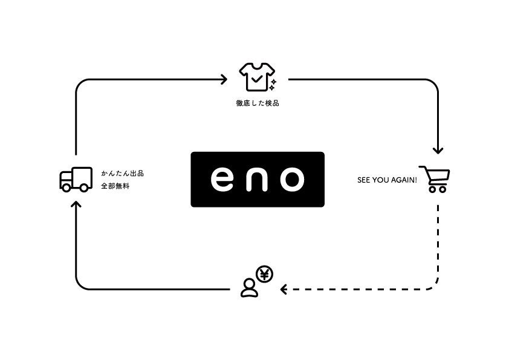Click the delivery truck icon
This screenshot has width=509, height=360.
pyautogui.click(x=76, y=180)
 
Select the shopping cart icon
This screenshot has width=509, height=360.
pyautogui.click(x=434, y=179)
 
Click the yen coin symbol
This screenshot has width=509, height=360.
pyautogui.click(x=264, y=275)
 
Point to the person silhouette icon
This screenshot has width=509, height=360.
pyautogui.click(x=249, y=287)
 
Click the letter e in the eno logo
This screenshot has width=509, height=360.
pyautogui.click(x=221, y=179)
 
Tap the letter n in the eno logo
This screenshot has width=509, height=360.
pyautogui.click(x=257, y=179)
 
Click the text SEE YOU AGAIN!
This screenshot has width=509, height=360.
pyautogui.click(x=387, y=180)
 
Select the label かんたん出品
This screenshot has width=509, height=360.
pyautogui.click(x=122, y=174)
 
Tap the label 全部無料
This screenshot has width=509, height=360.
pyautogui.click(x=115, y=186)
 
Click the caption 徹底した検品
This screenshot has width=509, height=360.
pyautogui.click(x=257, y=103)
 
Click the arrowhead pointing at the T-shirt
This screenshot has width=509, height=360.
pyautogui.click(x=224, y=79)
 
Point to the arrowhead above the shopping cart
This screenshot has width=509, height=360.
pyautogui.click(x=438, y=150)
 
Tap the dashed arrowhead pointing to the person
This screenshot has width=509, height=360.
pyautogui.click(x=284, y=290)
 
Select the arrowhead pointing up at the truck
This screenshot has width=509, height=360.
pyautogui.click(x=76, y=204)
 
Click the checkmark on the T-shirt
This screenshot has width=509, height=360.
pyautogui.click(x=256, y=78)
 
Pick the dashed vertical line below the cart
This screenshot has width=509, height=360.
pyautogui.click(x=438, y=242)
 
